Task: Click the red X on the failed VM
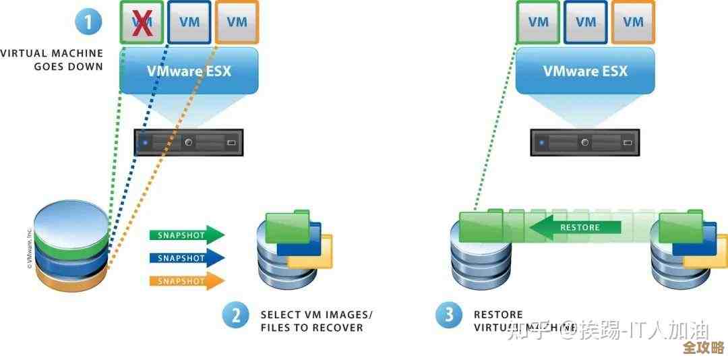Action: click(x=142, y=22)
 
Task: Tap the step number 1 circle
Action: click(x=88, y=22)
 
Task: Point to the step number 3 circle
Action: click(x=448, y=315)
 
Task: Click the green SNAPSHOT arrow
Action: click(x=186, y=235)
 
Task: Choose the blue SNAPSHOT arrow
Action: click(x=186, y=258)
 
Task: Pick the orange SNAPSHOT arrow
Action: click(x=186, y=280)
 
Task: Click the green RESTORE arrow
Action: click(x=576, y=227)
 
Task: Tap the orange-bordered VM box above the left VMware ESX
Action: click(x=237, y=22)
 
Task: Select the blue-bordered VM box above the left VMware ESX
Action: click(x=189, y=22)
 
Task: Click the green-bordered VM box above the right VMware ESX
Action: click(x=538, y=22)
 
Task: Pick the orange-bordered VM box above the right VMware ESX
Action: click(x=632, y=22)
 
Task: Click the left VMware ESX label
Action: click(x=189, y=70)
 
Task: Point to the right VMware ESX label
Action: click(x=585, y=70)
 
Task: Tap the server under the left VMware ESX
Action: click(x=189, y=142)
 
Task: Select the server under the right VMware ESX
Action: click(x=584, y=142)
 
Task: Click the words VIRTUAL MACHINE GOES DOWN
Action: click(x=53, y=60)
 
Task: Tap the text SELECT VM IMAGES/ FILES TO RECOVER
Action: click(x=315, y=321)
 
